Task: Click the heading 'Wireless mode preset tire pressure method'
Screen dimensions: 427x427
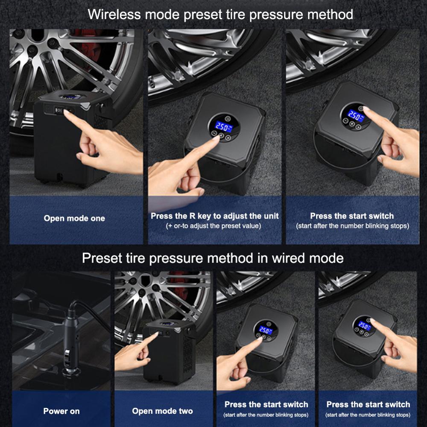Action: [x=220, y=14]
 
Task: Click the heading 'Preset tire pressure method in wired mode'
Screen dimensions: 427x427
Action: [x=212, y=258]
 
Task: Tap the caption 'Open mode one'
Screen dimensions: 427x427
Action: [x=74, y=218]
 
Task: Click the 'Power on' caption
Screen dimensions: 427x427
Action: [x=61, y=411]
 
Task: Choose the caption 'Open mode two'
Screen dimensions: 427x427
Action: [x=162, y=411]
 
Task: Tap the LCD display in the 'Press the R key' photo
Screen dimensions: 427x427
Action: [x=221, y=126]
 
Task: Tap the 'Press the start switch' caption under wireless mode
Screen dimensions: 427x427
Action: [x=352, y=216]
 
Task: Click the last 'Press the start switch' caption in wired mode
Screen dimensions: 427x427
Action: [x=368, y=404]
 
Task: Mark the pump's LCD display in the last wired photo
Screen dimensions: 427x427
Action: [x=364, y=326]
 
